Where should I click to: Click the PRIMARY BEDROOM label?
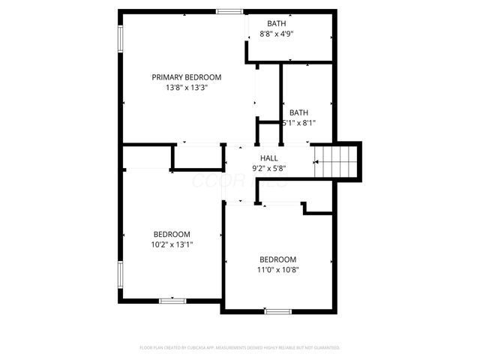[187, 77]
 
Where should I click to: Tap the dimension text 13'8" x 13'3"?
[187, 88]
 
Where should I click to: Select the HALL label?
[268, 158]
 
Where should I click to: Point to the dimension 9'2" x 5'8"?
[268, 169]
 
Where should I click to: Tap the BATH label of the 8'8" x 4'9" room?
[277, 23]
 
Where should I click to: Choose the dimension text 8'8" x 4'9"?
[277, 34]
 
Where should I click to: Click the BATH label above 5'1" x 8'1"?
[299, 112]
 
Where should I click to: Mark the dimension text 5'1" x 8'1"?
[299, 123]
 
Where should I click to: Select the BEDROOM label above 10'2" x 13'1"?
[172, 234]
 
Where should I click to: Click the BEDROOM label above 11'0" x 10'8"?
[277, 259]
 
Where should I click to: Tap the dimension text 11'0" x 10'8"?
[277, 270]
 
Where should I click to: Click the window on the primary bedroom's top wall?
[229, 11]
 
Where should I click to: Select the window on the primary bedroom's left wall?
[119, 40]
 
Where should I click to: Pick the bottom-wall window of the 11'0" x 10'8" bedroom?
[277, 310]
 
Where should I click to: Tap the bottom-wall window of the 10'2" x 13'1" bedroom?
[172, 300]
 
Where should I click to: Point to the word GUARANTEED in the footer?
[323, 348]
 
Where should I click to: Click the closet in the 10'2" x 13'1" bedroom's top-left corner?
[147, 157]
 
